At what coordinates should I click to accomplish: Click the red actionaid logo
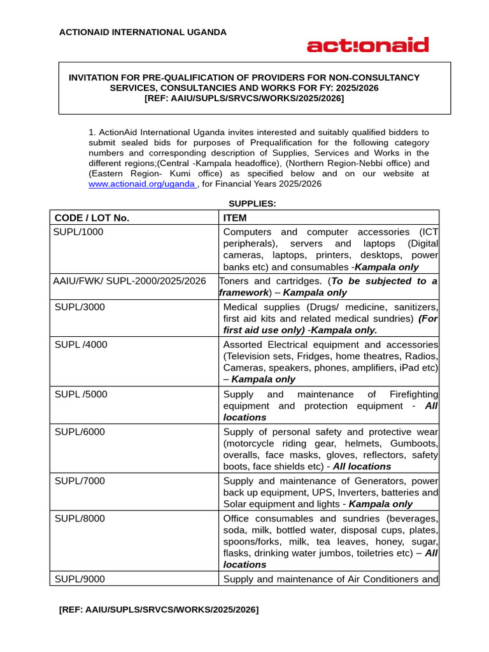[x=367, y=45]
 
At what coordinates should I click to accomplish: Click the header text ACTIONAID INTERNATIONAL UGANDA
[x=143, y=32]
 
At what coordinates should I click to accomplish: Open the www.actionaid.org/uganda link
[x=141, y=184]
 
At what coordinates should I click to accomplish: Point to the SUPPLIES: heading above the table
[x=252, y=204]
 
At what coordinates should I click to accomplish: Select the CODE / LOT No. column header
[x=92, y=218]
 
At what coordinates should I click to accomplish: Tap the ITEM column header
[x=235, y=218]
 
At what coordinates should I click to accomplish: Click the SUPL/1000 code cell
[x=79, y=232]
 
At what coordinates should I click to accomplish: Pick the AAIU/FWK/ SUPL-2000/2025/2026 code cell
[x=130, y=281]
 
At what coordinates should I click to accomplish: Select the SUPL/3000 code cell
[x=80, y=307]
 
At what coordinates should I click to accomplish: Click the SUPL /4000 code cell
[x=81, y=344]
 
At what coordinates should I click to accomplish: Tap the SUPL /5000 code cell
[x=81, y=394]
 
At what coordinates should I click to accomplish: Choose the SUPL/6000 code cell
[x=80, y=432]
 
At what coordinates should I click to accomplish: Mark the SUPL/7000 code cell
[x=80, y=481]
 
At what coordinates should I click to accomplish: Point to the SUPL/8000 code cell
[x=80, y=518]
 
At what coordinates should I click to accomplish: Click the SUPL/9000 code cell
[x=80, y=579]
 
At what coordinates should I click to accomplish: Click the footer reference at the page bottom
[x=159, y=610]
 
